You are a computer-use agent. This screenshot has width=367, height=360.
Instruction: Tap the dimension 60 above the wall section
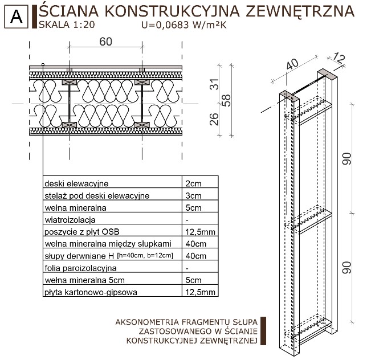tap(105, 42)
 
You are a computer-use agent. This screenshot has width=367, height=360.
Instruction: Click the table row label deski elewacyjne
tap(76, 183)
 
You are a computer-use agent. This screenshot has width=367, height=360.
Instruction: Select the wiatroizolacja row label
tap(70, 219)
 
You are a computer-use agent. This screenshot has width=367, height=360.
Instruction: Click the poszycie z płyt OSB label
tap(84, 231)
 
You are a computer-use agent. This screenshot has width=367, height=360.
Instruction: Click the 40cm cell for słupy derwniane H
tap(195, 255)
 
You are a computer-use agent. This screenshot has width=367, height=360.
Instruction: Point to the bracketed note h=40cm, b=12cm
tap(145, 255)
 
